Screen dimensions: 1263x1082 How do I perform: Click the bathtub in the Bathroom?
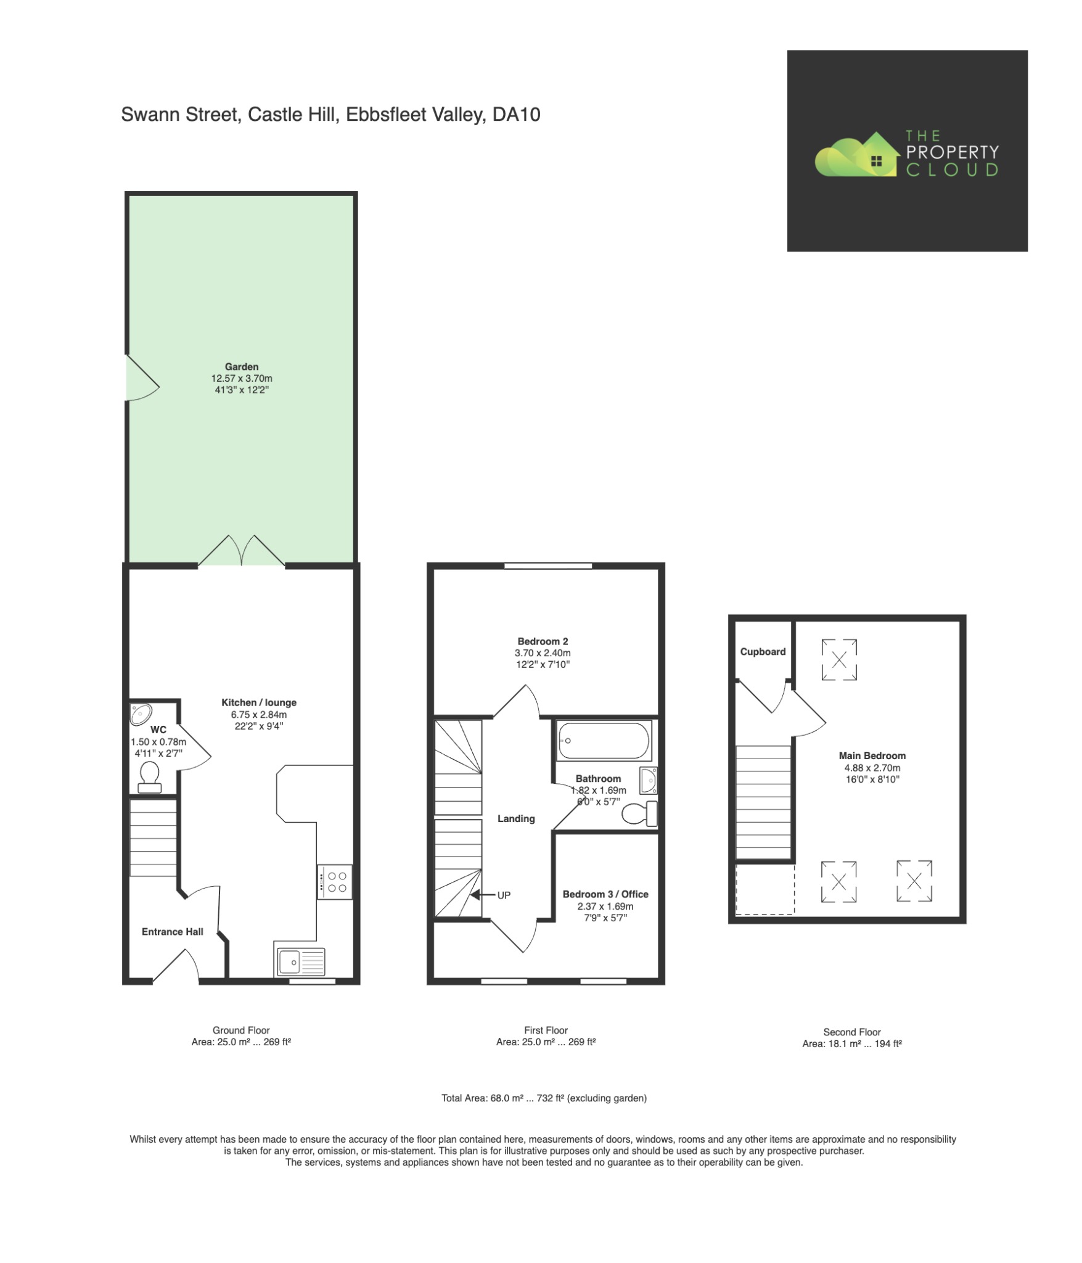click(x=603, y=741)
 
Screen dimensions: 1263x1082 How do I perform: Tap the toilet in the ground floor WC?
click(x=149, y=778)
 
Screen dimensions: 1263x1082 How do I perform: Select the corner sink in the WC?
click(x=141, y=714)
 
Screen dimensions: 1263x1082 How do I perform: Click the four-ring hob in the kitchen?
click(x=335, y=882)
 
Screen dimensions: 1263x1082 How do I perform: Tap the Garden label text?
click(x=241, y=366)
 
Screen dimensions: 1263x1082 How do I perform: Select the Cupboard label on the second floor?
click(x=763, y=651)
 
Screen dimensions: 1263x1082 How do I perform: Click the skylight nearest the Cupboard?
click(x=838, y=660)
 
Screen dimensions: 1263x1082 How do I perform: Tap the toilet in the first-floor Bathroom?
click(x=639, y=813)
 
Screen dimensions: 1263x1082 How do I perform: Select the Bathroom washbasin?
click(x=648, y=780)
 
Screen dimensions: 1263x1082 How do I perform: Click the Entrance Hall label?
click(x=172, y=931)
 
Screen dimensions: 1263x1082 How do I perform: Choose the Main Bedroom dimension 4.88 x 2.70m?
click(x=872, y=768)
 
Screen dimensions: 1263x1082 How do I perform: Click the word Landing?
click(x=516, y=818)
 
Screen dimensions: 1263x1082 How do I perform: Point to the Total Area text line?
click(x=543, y=1098)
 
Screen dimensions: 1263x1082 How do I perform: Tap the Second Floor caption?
click(x=851, y=1032)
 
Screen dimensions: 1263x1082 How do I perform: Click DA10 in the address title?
click(x=516, y=115)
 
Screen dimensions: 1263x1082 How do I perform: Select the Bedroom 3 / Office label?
click(x=605, y=894)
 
